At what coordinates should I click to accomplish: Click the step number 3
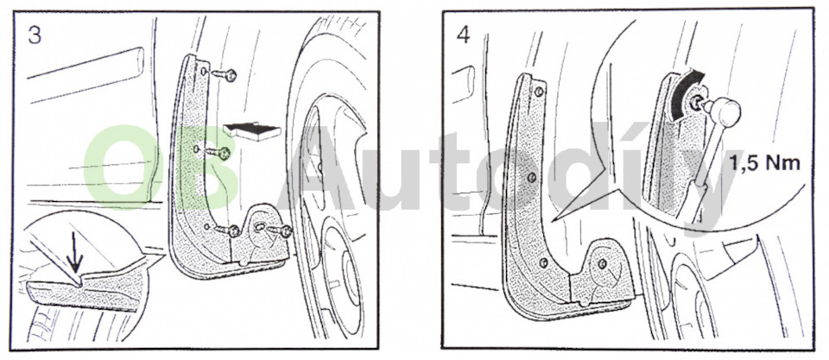coord(35,35)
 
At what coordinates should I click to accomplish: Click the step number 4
coord(463,35)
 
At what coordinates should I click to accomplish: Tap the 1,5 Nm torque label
coord(766,163)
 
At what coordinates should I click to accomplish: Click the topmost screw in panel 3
coord(225,74)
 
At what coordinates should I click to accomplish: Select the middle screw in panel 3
coord(218,153)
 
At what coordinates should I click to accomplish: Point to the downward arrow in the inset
coord(76,255)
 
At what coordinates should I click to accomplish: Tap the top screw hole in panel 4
coord(538,92)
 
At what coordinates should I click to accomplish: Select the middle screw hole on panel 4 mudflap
coord(532,177)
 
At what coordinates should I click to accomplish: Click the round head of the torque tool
coord(726,111)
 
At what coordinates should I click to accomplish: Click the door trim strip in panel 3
coord(85,73)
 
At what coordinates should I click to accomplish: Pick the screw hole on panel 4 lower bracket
coord(602,262)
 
